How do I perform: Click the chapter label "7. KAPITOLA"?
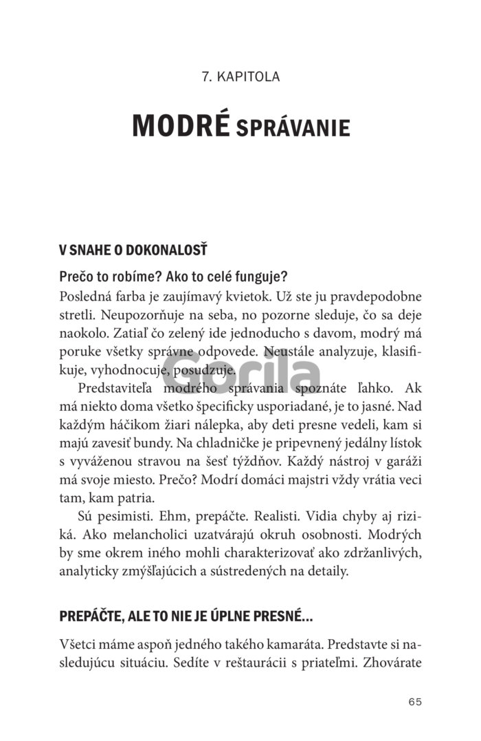(x=240, y=76)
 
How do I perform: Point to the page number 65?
(x=414, y=702)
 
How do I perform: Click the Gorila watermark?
(x=240, y=375)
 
